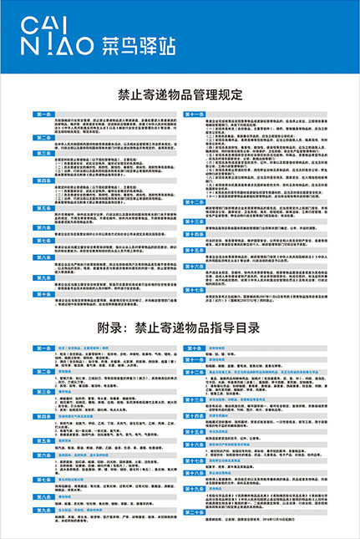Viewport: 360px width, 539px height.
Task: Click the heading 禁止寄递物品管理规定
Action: click(180, 94)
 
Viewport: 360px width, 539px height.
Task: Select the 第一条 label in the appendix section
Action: click(43, 323)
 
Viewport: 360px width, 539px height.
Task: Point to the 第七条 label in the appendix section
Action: click(43, 459)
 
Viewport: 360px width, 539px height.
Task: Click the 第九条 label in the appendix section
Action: click(43, 506)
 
